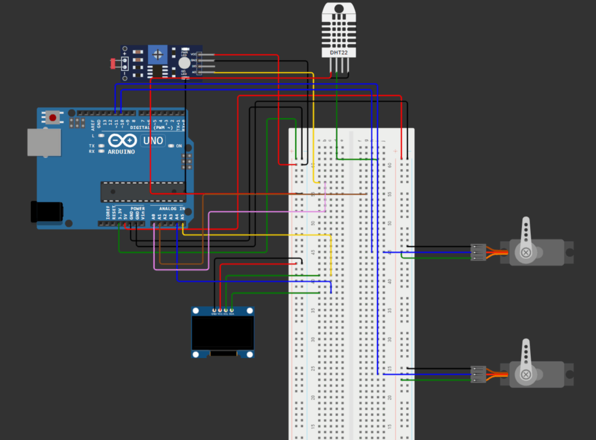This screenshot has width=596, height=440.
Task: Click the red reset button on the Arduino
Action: [x=53, y=117]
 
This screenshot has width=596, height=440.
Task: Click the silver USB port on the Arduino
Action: [x=44, y=142]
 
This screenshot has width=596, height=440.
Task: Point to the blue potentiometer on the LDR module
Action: [x=157, y=55]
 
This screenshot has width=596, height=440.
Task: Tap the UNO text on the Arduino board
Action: [x=153, y=141]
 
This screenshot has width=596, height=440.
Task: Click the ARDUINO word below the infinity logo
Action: [x=121, y=152]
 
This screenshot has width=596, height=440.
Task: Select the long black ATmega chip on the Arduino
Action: [x=143, y=191]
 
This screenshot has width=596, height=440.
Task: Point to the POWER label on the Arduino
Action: [x=138, y=208]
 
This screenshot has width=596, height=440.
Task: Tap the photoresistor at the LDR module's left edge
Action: [x=112, y=63]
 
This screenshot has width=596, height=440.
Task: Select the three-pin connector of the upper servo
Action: [x=478, y=252]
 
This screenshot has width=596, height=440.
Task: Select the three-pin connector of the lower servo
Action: [x=478, y=374]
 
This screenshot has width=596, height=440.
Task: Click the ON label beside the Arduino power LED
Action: [x=179, y=146]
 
